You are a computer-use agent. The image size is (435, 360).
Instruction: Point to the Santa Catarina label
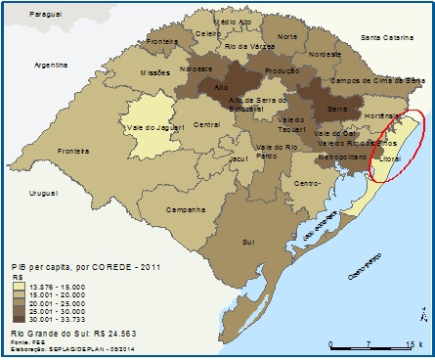coord(387,37)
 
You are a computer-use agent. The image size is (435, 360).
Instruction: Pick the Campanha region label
coord(184,209)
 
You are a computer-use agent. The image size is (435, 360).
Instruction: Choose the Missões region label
coord(154,72)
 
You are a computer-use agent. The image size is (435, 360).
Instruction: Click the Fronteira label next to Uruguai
coord(73,151)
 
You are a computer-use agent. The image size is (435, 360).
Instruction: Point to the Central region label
coord(206,124)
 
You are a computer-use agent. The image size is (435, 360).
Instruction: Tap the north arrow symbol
coord(420,314)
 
